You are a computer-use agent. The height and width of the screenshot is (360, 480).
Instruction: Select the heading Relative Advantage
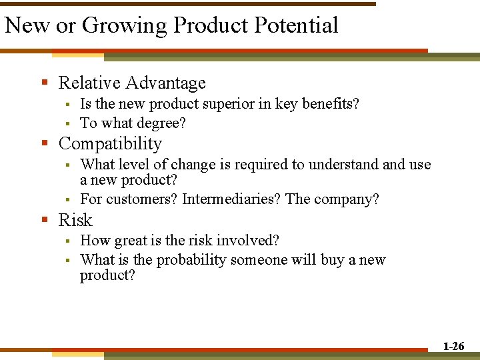132,83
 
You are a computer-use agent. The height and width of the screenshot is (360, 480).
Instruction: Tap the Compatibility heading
110,143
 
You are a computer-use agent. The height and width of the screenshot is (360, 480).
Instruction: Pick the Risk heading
75,220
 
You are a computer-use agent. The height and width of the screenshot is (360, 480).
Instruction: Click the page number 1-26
453,346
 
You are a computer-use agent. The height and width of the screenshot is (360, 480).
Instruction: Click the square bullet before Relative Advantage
45,83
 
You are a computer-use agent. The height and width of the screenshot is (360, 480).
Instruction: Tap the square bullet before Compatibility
45,144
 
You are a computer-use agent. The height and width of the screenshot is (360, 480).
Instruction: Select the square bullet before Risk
45,221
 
